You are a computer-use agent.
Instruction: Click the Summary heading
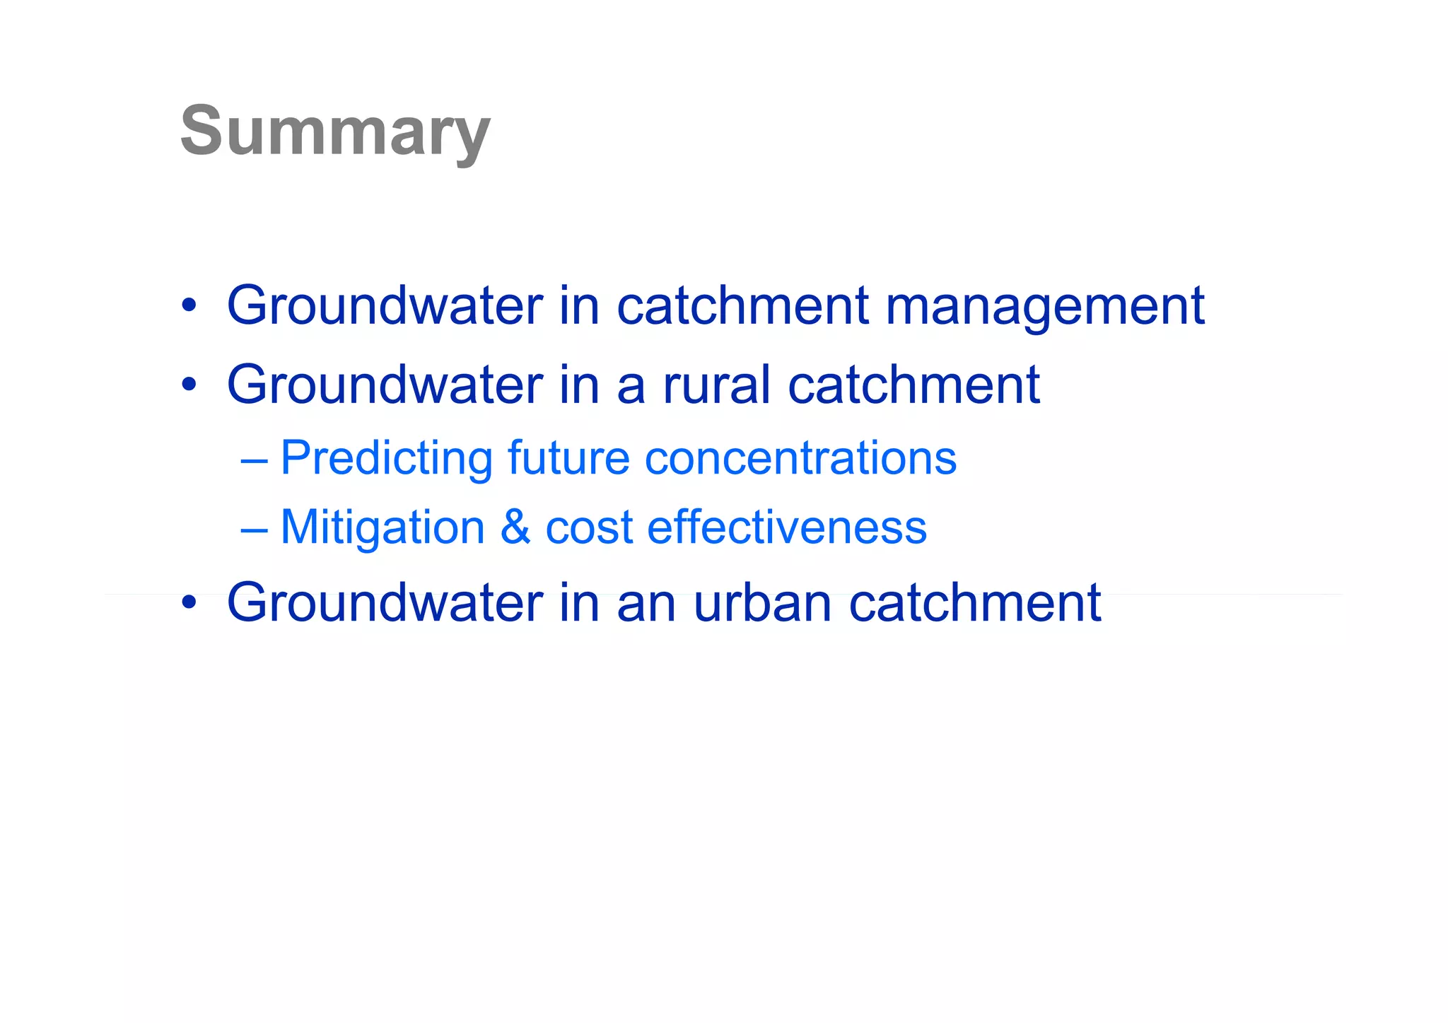tap(334, 131)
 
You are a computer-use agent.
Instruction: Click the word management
tap(1045, 306)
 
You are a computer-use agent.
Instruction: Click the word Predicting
tap(386, 458)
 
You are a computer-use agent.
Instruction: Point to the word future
tap(568, 458)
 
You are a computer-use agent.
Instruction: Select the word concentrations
tap(800, 458)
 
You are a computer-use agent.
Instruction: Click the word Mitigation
tap(382, 527)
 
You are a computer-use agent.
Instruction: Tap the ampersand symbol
tap(515, 527)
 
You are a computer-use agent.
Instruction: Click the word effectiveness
tap(786, 527)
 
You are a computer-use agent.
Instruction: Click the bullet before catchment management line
tap(188, 307)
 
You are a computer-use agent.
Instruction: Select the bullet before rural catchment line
tap(188, 386)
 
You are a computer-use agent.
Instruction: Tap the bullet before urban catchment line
tap(188, 604)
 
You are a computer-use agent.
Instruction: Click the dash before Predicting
tap(254, 460)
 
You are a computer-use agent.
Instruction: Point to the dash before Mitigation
tap(254, 529)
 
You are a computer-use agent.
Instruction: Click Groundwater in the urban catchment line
tap(385, 603)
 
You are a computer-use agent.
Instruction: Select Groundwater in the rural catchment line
tap(385, 385)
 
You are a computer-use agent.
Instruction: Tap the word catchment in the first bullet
tap(742, 306)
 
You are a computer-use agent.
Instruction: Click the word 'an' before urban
tap(646, 604)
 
